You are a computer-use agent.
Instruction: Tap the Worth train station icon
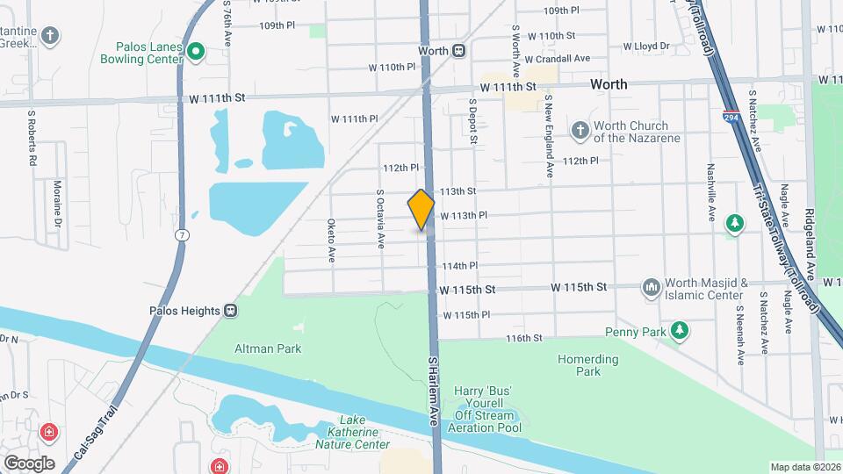pyautogui.click(x=459, y=51)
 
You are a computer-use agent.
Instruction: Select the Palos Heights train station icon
pyautogui.click(x=231, y=310)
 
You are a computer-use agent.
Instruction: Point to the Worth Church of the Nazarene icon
pyautogui.click(x=579, y=131)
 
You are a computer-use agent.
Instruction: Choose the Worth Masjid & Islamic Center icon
pyautogui.click(x=651, y=288)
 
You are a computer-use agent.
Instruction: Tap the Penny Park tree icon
pyautogui.click(x=679, y=331)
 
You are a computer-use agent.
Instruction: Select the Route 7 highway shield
pyautogui.click(x=181, y=234)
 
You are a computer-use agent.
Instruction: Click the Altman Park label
pyautogui.click(x=256, y=348)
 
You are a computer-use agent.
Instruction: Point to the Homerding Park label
pyautogui.click(x=587, y=365)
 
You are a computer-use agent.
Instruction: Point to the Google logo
pyautogui.click(x=29, y=463)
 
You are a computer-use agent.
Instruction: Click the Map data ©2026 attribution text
pyautogui.click(x=804, y=467)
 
